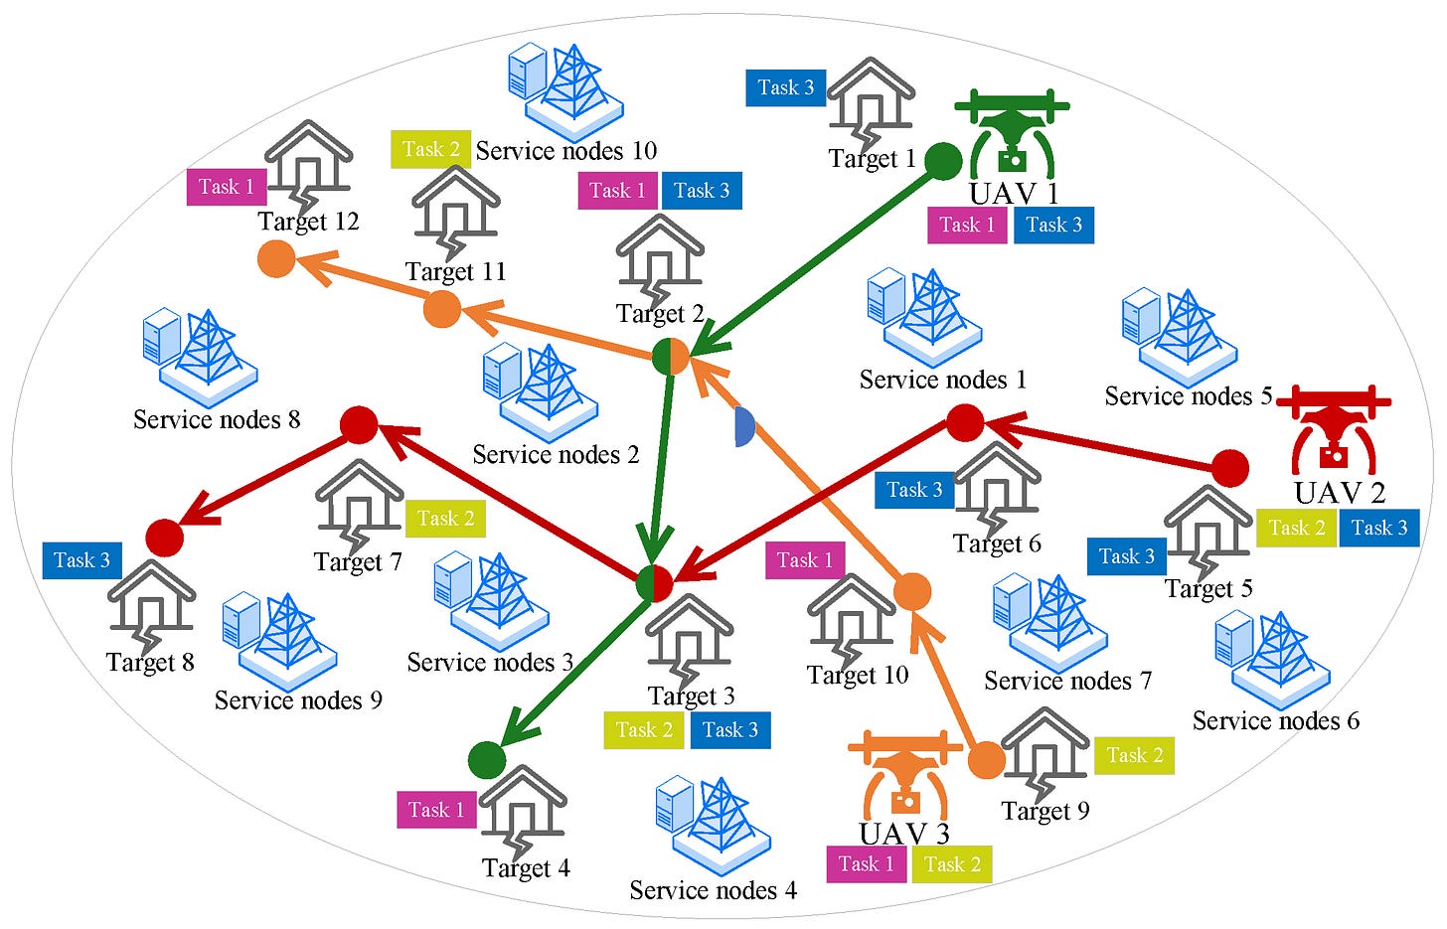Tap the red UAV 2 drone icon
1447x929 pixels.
[1333, 430]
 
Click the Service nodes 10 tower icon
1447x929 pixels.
[565, 89]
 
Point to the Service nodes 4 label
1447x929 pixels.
[713, 890]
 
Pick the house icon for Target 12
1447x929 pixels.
[308, 163]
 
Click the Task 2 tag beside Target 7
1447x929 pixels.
[444, 519]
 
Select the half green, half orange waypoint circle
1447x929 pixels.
[671, 357]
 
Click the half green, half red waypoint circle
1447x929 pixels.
[654, 583]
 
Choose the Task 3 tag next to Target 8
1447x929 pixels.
[81, 560]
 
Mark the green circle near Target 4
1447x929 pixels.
[487, 760]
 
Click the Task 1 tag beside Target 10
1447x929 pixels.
[805, 560]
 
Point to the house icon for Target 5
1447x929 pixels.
[1207, 530]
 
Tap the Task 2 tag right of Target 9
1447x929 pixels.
[1134, 756]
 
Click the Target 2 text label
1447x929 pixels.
[659, 314]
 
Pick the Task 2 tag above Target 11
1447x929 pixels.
[430, 149]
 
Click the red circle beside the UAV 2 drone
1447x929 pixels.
[1230, 468]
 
